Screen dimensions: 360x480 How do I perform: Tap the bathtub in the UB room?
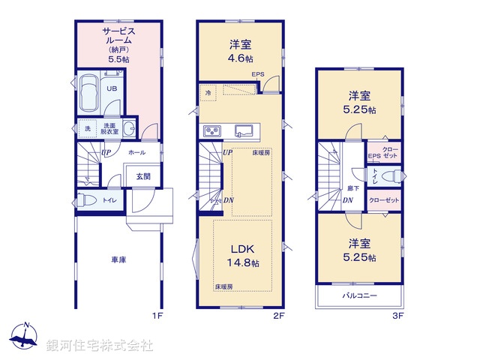click(87, 94)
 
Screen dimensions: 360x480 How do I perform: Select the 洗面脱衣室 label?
click(109, 127)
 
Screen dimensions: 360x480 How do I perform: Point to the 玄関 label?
click(142, 177)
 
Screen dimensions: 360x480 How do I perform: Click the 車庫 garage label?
click(118, 259)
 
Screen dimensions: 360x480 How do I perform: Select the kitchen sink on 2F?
click(244, 130)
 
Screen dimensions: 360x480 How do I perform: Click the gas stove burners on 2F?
click(210, 131)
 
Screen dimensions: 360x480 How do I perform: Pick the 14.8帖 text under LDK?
click(244, 263)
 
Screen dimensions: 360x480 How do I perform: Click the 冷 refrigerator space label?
click(208, 92)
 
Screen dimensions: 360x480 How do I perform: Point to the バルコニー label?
click(359, 296)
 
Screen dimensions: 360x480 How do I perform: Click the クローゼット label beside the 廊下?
click(384, 201)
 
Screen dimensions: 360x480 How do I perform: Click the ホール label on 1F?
click(136, 152)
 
